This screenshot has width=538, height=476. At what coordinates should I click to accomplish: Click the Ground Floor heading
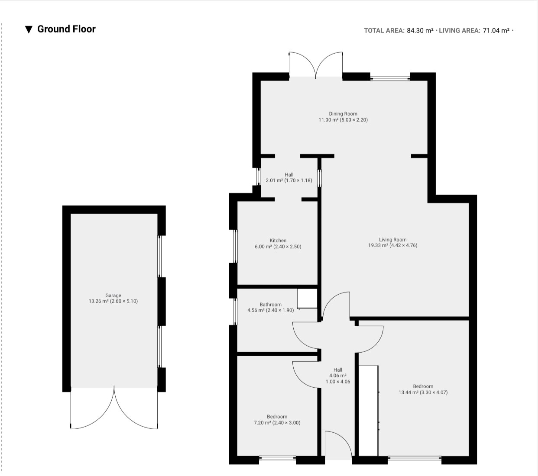66,29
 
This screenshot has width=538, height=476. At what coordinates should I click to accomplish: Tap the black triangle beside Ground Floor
29,29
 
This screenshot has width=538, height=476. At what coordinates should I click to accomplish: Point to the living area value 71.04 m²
496,31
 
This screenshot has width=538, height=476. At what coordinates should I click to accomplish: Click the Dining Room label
343,114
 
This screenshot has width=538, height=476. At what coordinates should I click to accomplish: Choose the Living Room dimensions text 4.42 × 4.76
403,245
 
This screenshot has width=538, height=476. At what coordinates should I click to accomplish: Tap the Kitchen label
278,241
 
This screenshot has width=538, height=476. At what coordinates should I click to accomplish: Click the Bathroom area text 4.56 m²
256,310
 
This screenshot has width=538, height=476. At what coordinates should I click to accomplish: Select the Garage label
113,295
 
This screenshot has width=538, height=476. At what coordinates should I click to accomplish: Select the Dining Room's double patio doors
316,65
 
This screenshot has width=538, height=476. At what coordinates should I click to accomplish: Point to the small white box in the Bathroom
307,299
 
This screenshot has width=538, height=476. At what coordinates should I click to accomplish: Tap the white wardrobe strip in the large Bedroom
368,411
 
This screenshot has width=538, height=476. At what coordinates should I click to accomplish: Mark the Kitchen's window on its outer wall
235,246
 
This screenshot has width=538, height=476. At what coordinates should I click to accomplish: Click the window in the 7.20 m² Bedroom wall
278,457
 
